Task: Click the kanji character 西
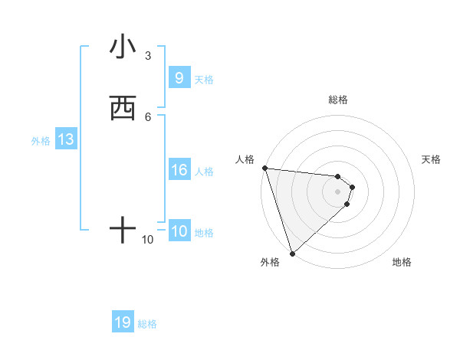pyautogui.click(x=123, y=109)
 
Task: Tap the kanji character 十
pyautogui.click(x=123, y=230)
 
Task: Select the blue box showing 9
pyautogui.click(x=179, y=77)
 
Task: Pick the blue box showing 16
pyautogui.click(x=179, y=170)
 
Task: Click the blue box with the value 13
pyautogui.click(x=65, y=140)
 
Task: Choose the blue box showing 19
pyautogui.click(x=123, y=322)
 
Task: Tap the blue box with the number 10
pyautogui.click(x=179, y=231)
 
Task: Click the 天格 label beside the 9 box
pyautogui.click(x=204, y=79)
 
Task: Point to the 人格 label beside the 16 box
pyautogui.click(x=204, y=172)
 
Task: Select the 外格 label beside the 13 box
pyautogui.click(x=41, y=141)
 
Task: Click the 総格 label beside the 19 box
pyautogui.click(x=147, y=324)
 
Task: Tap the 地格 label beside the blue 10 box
pyautogui.click(x=204, y=233)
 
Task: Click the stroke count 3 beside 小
pyautogui.click(x=148, y=55)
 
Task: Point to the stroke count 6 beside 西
pyautogui.click(x=148, y=116)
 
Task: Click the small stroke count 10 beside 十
pyautogui.click(x=148, y=240)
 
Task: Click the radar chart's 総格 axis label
pyautogui.click(x=338, y=100)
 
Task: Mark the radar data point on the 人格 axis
pyautogui.click(x=264, y=168)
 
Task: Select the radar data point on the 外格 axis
pyautogui.click(x=292, y=253)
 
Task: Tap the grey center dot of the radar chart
pyautogui.click(x=338, y=191)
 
